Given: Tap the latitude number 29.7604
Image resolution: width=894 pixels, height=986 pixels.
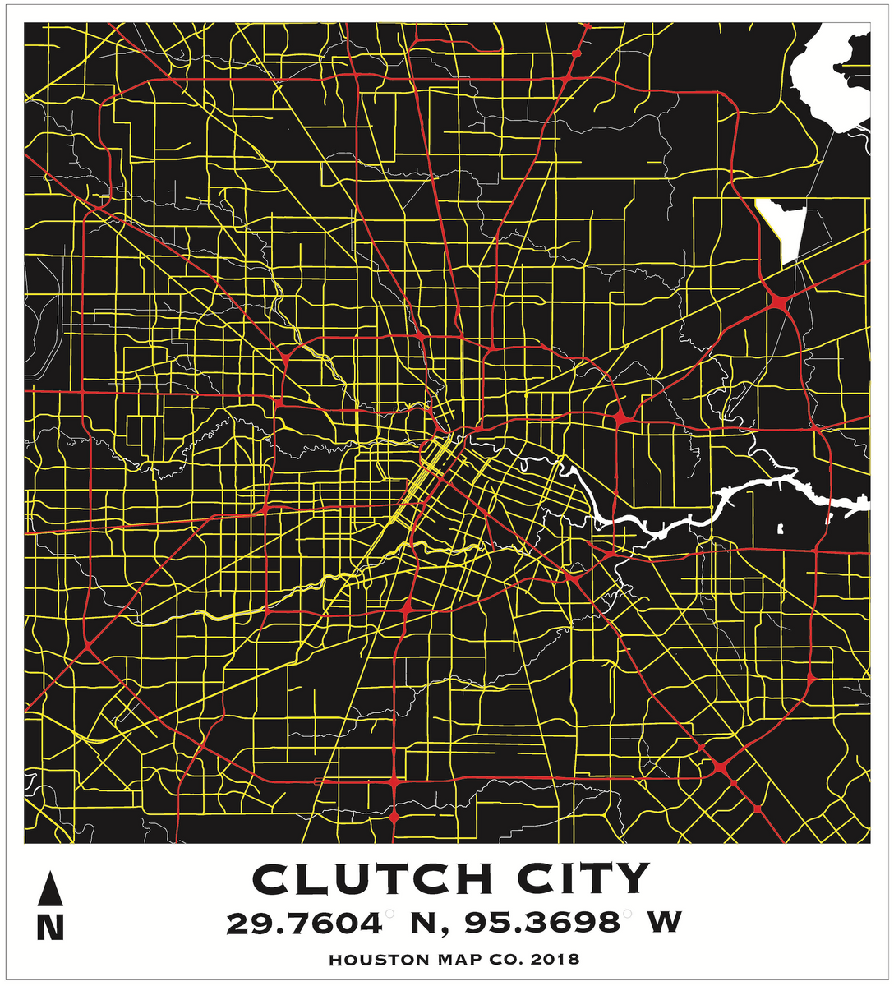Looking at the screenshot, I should coord(304,923).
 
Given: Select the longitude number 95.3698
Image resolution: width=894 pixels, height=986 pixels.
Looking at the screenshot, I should coord(542,923).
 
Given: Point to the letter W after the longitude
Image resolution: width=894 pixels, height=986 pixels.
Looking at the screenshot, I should coord(664,923).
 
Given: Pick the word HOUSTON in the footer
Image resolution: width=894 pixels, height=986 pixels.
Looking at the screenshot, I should coord(378,960).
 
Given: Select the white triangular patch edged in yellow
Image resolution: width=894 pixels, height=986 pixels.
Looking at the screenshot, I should coord(785,226).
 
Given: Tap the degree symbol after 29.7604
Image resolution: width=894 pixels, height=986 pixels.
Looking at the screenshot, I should coord(389,912).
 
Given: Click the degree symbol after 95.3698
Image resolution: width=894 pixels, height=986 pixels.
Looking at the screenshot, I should coord(628,912).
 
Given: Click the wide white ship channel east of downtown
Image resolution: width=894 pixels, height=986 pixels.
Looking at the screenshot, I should coord(740,498).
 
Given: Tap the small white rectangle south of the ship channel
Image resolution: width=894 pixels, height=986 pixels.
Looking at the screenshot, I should coord(780,528).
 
